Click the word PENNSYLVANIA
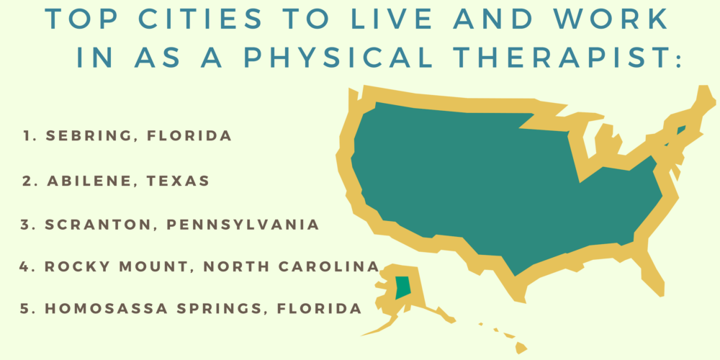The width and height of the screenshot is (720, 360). tap(243, 225)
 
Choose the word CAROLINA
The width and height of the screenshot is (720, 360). tap(332, 266)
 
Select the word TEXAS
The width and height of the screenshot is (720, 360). tap(177, 181)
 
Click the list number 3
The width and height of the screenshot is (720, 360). tap(26, 225)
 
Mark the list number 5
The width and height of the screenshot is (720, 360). tap(26, 309)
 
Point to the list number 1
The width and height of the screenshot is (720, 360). tap(27, 135)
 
